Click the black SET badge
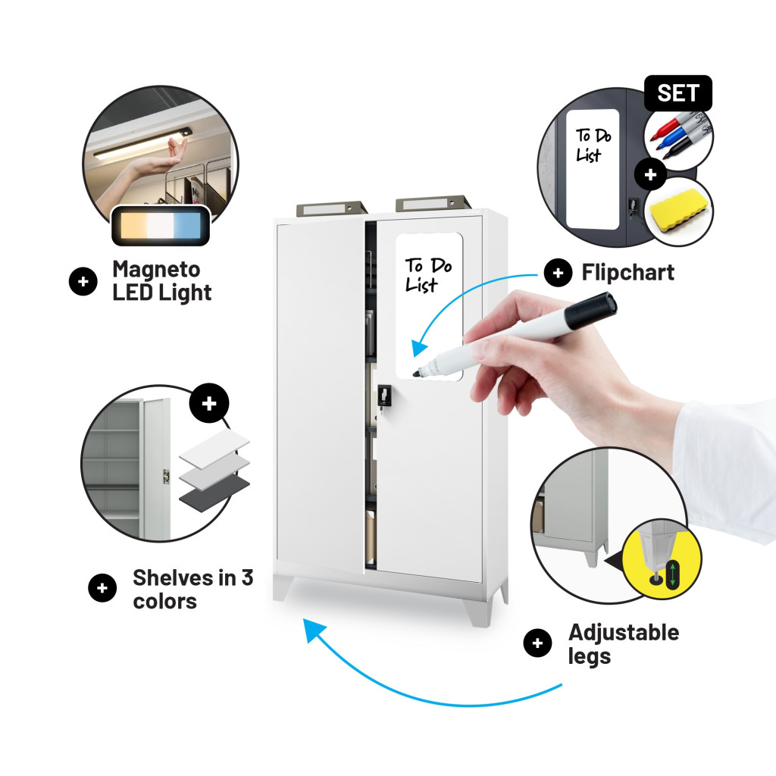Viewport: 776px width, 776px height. [x=677, y=93]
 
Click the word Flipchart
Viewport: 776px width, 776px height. [x=627, y=273]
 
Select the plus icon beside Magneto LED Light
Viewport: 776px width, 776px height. [x=83, y=281]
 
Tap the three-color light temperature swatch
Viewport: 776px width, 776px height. [x=161, y=225]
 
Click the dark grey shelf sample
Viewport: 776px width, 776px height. [x=214, y=493]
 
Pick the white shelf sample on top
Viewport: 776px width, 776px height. [x=214, y=447]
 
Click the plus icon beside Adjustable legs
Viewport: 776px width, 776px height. [x=537, y=643]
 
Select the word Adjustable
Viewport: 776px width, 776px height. [x=624, y=633]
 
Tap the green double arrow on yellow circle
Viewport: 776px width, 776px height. [x=673, y=574]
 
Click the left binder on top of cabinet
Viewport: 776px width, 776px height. [x=332, y=208]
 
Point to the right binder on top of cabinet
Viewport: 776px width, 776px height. [x=433, y=203]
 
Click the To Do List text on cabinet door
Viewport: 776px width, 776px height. [x=429, y=275]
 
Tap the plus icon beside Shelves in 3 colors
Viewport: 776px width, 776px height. [x=102, y=587]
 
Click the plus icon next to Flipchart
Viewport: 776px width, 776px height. [x=559, y=273]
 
